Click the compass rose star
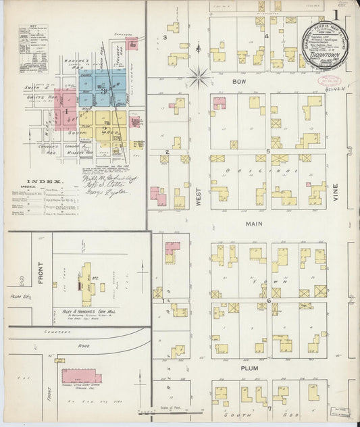pos(199,78)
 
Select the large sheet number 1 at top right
pos(336,15)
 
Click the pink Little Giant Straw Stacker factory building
pos(81,376)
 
